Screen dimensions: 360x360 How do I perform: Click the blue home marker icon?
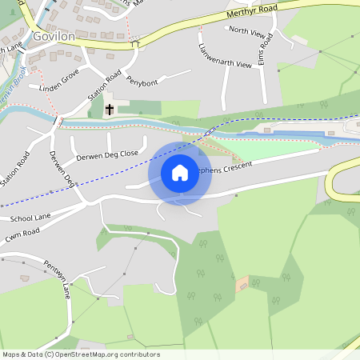click(180, 172)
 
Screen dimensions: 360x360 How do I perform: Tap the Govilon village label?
click(54, 36)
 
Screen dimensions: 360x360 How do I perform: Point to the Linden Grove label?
click(59, 80)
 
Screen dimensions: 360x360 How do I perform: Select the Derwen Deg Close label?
click(108, 153)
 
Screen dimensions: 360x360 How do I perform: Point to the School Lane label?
click(30, 218)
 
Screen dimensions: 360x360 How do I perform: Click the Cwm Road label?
click(22, 232)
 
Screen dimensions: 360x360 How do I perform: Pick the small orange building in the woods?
click(242, 283)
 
